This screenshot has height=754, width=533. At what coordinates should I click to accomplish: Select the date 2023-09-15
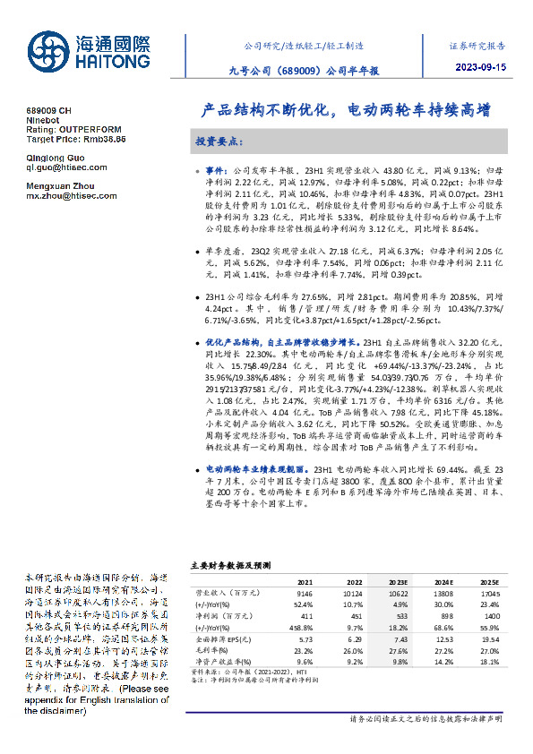(x=480, y=67)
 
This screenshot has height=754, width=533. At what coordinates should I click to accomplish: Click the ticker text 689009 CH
(x=48, y=108)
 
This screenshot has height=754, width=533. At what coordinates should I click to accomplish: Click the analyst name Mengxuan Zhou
(x=61, y=184)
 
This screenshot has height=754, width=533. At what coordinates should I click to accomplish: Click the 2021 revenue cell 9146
(x=305, y=593)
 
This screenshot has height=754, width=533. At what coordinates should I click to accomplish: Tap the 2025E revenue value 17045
(x=491, y=593)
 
